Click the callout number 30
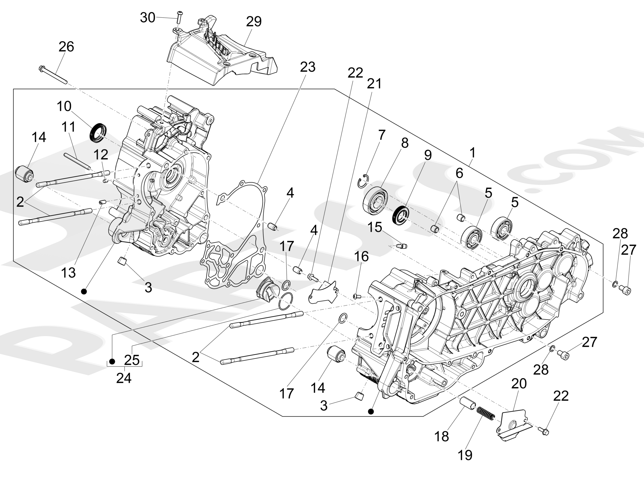tap(147, 17)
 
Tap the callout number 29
tap(254, 21)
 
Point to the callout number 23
tap(308, 67)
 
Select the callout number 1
tap(472, 153)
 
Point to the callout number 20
tap(519, 384)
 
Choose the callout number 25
tap(132, 360)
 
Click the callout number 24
tap(124, 378)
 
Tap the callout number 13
tap(68, 272)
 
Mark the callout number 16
tap(361, 256)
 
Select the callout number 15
tap(375, 227)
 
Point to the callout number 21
tap(374, 84)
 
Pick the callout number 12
tap(101, 155)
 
